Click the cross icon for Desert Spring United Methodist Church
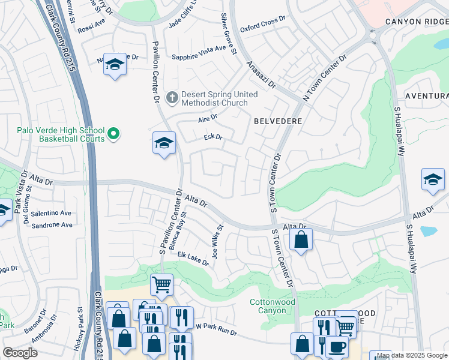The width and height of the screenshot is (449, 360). pyautogui.click(x=171, y=97)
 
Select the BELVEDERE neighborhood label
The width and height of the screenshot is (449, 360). pyautogui.click(x=277, y=121)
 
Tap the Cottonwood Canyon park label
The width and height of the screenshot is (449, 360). pyautogui.click(x=273, y=306)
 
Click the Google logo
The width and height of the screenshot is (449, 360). pyautogui.click(x=20, y=352)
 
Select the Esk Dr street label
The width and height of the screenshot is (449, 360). pyautogui.click(x=213, y=137)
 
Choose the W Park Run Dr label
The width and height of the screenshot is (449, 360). pyautogui.click(x=217, y=329)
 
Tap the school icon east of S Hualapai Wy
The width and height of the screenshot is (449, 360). pyautogui.click(x=433, y=179)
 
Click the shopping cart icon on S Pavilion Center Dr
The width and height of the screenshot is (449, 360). pyautogui.click(x=162, y=284)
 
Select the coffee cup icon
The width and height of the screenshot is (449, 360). pyautogui.click(x=337, y=346)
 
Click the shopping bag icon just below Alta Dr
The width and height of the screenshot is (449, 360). pyautogui.click(x=301, y=240)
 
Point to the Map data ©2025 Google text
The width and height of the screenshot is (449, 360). pyautogui.click(x=412, y=355)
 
